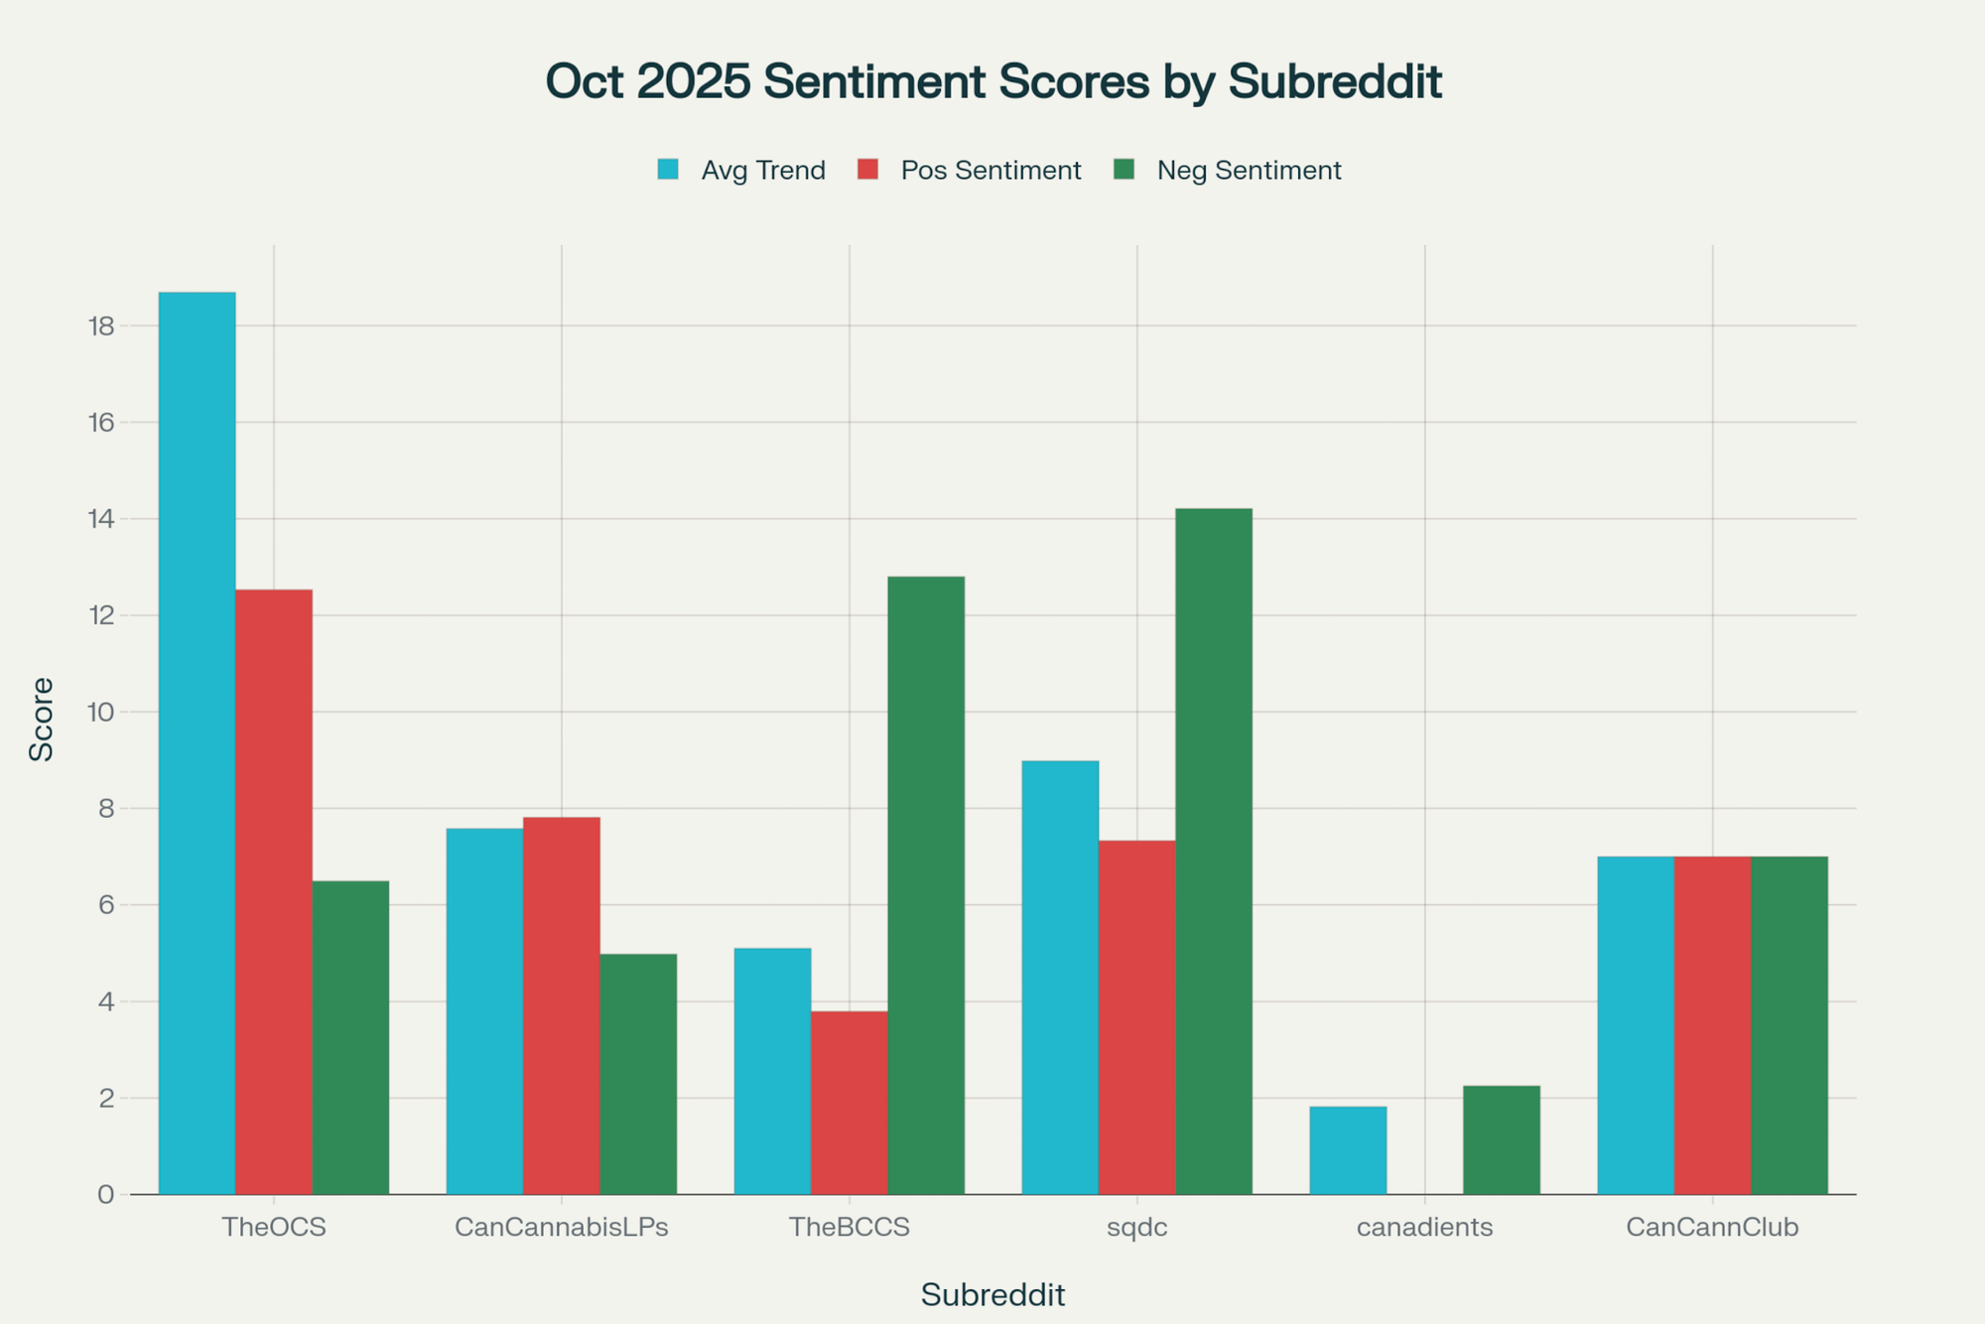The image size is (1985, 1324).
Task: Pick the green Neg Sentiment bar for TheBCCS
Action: pos(925,884)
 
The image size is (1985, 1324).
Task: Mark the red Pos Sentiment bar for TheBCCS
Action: pos(849,1102)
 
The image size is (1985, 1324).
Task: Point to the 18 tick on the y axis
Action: pos(102,327)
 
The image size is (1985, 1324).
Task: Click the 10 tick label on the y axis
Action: pos(102,713)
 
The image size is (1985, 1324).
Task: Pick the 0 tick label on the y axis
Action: pos(106,1195)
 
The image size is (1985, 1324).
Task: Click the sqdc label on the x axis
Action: pos(1136,1228)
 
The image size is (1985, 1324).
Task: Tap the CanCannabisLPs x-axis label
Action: pos(561,1228)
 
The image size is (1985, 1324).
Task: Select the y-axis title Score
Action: pos(42,719)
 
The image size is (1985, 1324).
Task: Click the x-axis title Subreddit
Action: pos(992,1295)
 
